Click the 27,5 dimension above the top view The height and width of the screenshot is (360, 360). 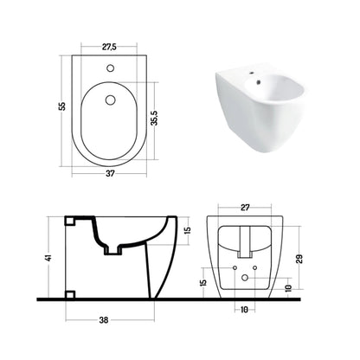click(x=109, y=47)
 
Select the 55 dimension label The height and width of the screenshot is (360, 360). click(x=62, y=106)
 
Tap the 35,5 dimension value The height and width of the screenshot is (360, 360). click(x=155, y=118)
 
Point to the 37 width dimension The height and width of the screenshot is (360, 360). click(x=110, y=173)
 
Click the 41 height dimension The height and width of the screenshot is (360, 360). click(x=49, y=258)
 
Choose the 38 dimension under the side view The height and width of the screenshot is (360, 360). click(x=104, y=320)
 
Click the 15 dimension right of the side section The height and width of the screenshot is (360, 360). click(x=188, y=230)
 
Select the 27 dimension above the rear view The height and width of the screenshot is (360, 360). click(x=245, y=208)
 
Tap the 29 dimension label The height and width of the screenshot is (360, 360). click(x=299, y=259)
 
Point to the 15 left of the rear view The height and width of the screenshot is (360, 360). click(x=203, y=282)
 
